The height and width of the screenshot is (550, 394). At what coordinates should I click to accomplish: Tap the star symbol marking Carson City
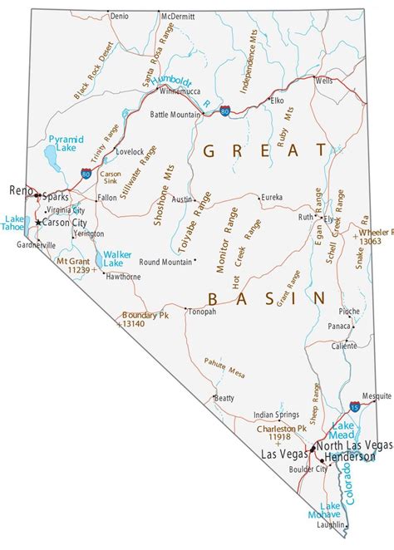point(38,223)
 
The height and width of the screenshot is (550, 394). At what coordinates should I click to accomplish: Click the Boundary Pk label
point(145,315)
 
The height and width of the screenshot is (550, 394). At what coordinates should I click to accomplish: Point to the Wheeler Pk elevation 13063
point(371,240)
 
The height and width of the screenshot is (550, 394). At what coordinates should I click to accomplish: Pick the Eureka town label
point(271,197)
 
